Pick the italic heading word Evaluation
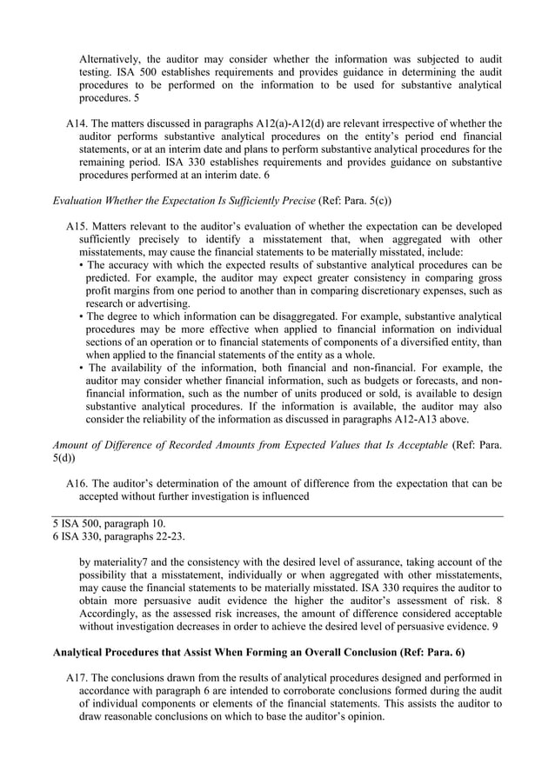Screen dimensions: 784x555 point(84,200)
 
